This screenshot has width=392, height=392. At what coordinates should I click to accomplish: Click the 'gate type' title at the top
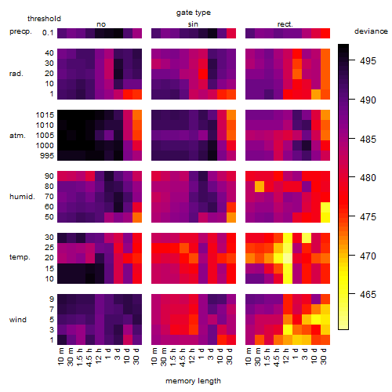(194, 13)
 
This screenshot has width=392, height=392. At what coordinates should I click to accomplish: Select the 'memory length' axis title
(193, 381)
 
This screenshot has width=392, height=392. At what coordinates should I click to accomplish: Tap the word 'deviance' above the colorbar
(371, 31)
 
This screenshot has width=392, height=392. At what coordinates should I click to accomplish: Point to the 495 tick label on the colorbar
(368, 61)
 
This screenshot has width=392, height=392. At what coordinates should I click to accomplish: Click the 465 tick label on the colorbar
(368, 295)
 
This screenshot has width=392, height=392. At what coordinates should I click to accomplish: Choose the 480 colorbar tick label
(368, 178)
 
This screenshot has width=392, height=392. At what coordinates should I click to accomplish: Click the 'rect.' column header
(285, 24)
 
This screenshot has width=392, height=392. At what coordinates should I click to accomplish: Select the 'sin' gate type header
(193, 24)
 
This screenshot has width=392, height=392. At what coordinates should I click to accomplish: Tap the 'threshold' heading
(44, 19)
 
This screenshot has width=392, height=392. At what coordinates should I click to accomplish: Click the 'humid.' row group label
(22, 197)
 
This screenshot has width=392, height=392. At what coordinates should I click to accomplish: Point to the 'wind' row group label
(18, 320)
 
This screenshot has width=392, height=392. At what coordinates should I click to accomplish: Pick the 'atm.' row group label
(17, 136)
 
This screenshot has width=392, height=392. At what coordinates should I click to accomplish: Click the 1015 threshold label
(45, 115)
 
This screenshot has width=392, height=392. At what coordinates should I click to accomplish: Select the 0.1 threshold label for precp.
(48, 33)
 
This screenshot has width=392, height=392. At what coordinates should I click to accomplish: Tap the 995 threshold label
(47, 156)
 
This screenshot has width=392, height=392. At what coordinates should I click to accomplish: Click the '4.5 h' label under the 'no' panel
(89, 357)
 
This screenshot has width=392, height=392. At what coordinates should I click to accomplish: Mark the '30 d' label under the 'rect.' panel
(324, 356)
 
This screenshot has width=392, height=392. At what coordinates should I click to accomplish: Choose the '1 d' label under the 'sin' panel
(201, 354)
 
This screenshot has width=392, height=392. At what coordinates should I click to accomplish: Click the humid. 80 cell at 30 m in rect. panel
(260, 187)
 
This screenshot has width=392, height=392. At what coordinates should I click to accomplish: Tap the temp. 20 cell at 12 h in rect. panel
(288, 258)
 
